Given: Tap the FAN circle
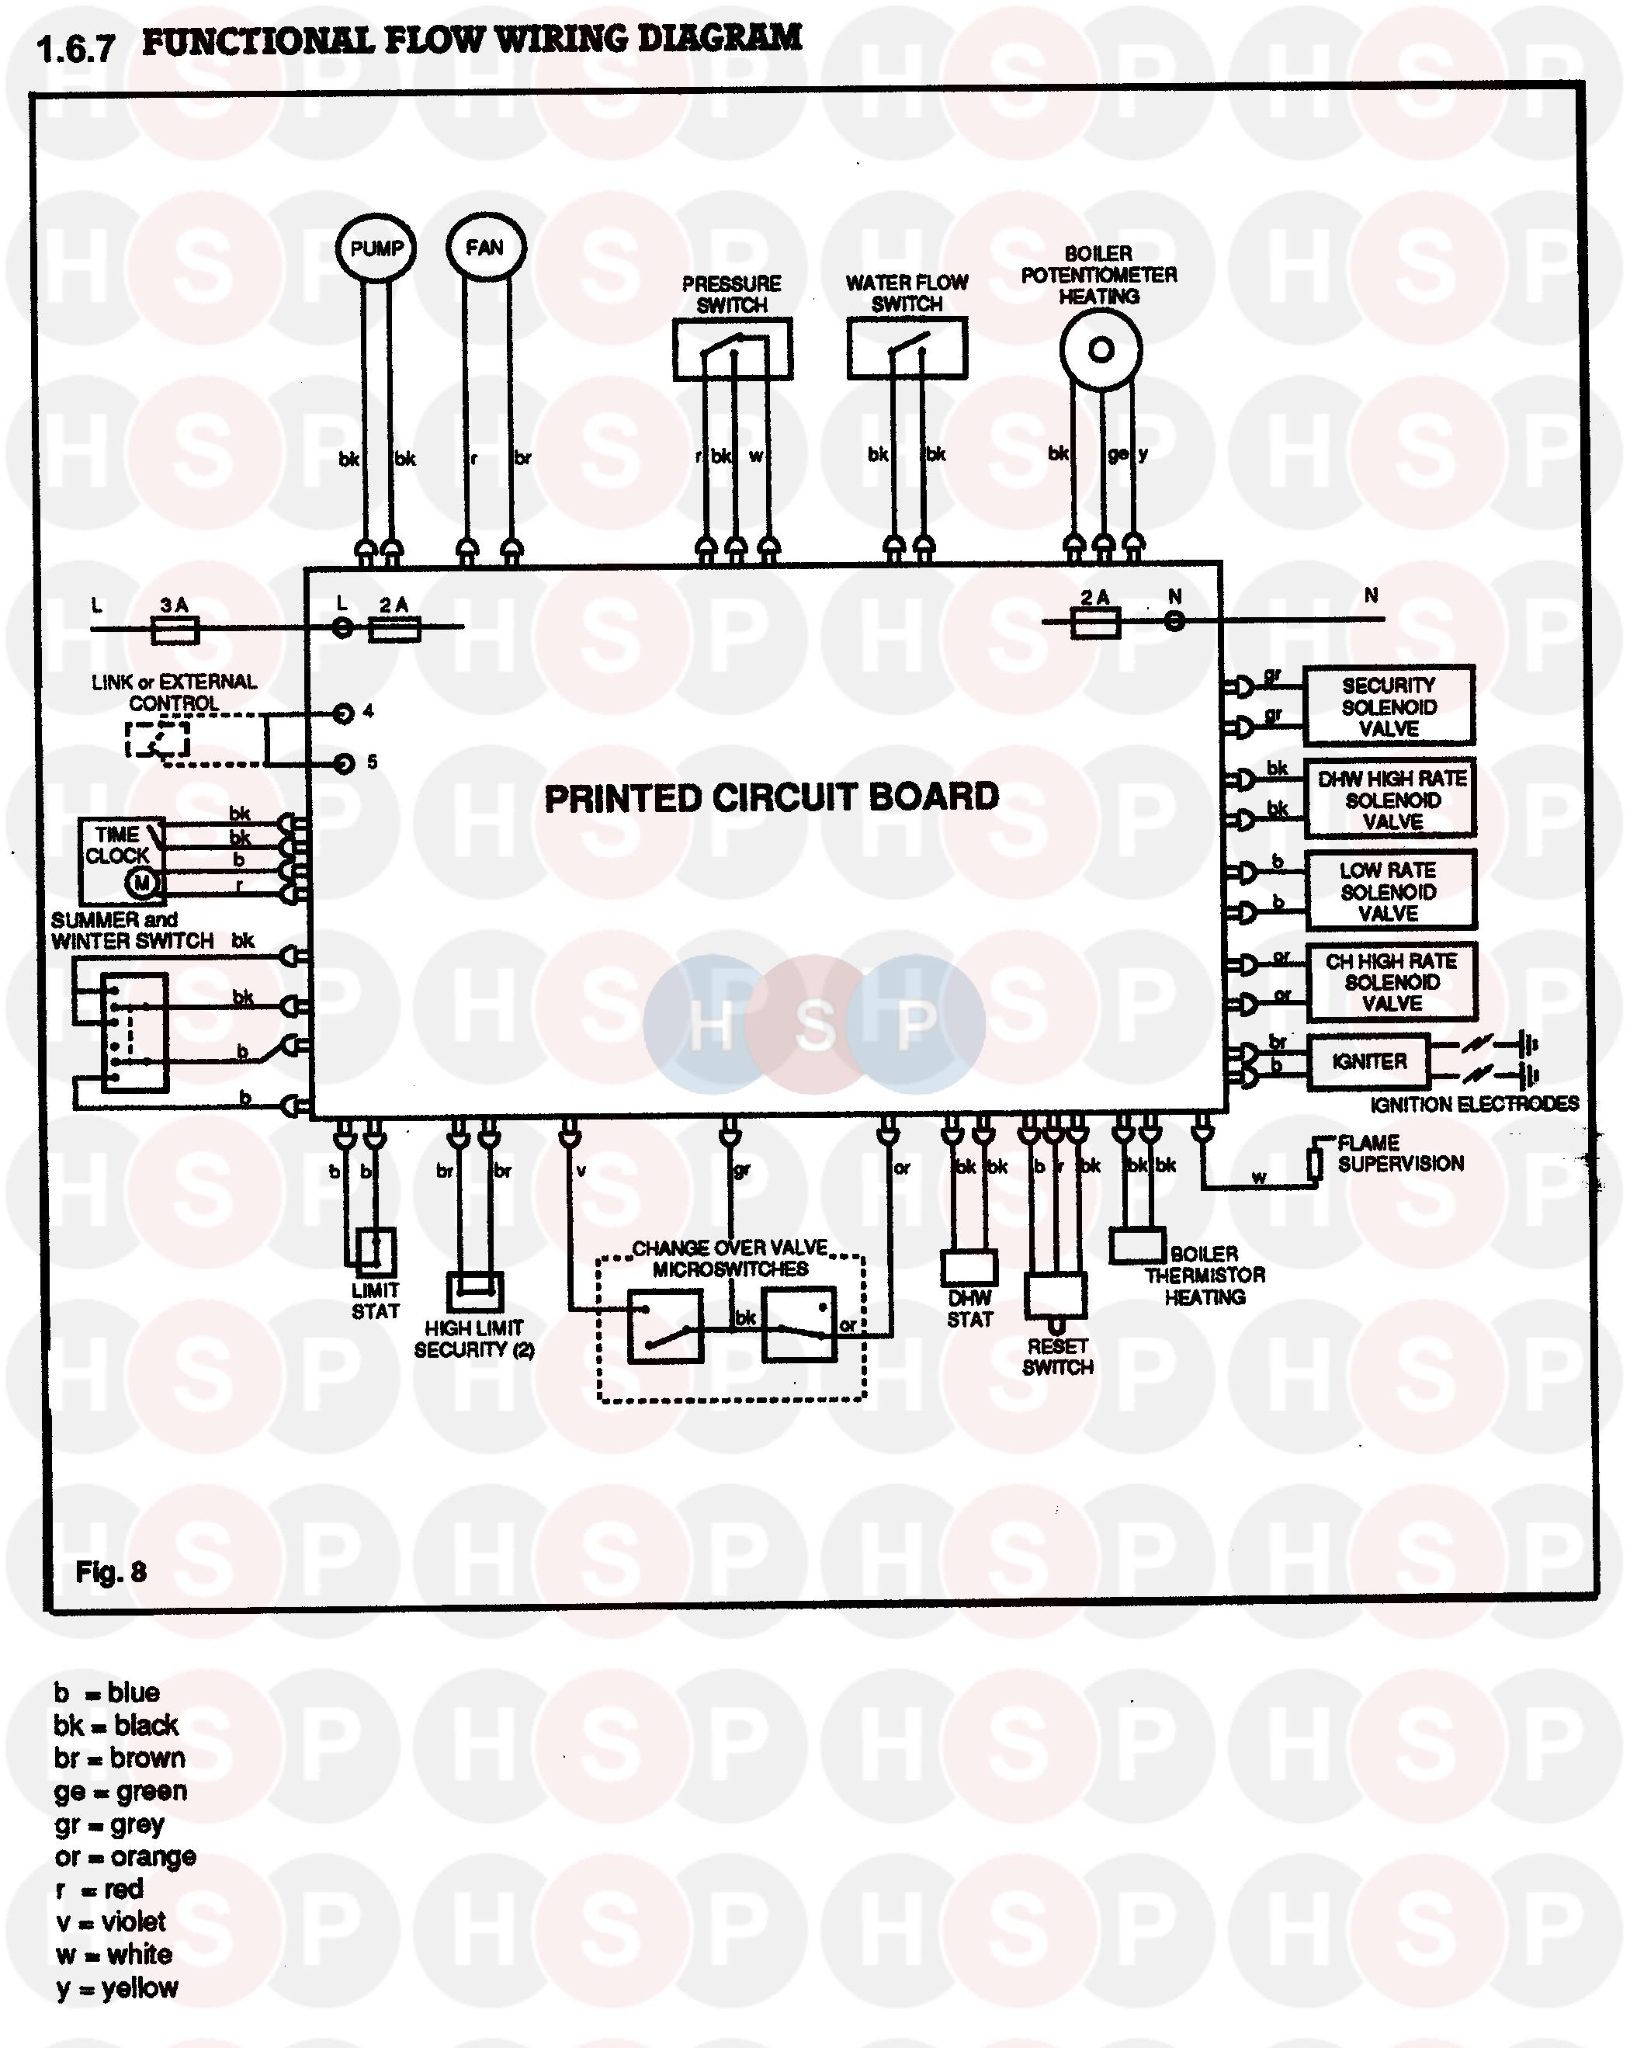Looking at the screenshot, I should coord(484,248).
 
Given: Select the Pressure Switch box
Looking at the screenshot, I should coord(733,349).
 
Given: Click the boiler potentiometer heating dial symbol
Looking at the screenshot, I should coord(1100,350).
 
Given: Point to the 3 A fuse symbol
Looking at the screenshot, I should coord(175,629).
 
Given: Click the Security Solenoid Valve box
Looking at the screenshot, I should coord(1388,706).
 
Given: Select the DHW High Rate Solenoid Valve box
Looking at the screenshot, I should coord(1391,800).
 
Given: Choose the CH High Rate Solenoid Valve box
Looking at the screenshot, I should coord(1392,982).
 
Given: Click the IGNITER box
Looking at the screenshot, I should coord(1368,1062).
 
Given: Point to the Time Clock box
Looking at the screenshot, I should coord(120,859).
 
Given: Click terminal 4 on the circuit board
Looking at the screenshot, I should coord(344,713).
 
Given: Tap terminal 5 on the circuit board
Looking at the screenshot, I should coord(344,764).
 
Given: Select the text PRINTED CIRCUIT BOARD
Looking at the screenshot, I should coord(772,798).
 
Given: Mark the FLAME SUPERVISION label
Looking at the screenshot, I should coord(1400,1153).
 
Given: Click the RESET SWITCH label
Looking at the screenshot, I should coord(1057,1356).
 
